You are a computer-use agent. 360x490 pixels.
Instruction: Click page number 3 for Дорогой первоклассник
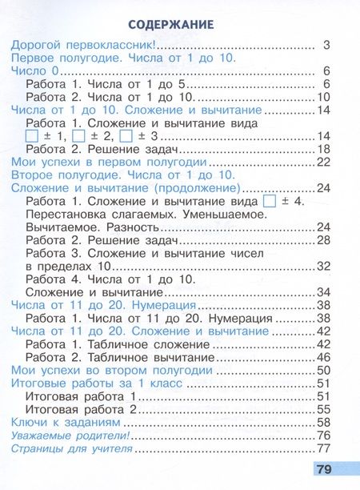coord(326,45)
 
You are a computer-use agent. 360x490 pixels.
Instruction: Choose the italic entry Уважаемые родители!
coord(71,435)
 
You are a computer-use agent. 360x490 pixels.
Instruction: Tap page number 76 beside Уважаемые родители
coord(323,435)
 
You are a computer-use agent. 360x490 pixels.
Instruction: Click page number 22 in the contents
coord(323,163)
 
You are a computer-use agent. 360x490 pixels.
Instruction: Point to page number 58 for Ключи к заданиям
coord(323,421)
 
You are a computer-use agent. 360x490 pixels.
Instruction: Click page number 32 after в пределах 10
coord(323,266)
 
